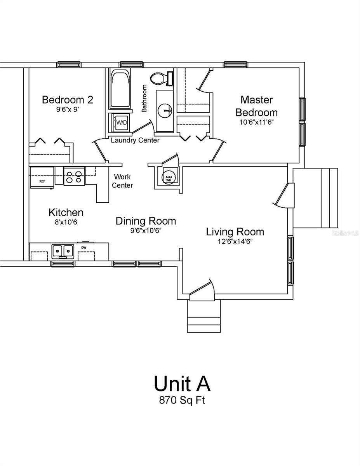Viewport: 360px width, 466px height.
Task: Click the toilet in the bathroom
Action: pos(162,79)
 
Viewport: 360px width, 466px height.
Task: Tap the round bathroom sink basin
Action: pos(165,111)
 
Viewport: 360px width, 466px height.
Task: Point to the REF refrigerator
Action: pos(42,177)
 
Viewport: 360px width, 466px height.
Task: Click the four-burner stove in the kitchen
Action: pos(74,176)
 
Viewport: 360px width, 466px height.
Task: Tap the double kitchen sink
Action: pos(63,251)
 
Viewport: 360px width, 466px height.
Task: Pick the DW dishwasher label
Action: pos(84,247)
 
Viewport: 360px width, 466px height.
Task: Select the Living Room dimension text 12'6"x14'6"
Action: pos(235,242)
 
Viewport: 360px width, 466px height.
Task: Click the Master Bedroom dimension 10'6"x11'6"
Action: pos(256,122)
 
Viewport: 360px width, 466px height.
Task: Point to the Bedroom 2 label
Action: pos(68,100)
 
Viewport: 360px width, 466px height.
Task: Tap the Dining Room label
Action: pos(146,221)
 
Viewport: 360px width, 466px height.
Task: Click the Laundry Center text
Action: pos(135,141)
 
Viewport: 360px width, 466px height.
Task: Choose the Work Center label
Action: pos(122,181)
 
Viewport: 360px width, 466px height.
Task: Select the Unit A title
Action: pos(182,383)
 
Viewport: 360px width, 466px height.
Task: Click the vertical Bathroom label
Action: pos(144,98)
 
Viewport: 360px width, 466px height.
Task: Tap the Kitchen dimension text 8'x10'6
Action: pos(66,222)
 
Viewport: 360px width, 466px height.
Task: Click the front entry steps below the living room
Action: pos(204,316)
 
